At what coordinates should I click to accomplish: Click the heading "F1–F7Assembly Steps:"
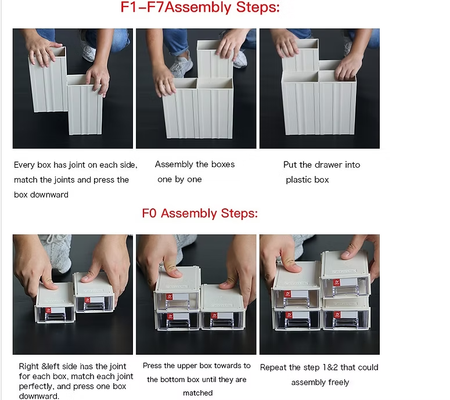200,7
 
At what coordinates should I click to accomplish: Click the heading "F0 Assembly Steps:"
200,214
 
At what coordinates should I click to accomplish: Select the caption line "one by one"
179,179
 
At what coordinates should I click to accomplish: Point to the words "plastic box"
307,180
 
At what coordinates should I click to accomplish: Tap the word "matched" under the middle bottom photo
198,393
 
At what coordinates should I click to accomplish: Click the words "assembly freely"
320,383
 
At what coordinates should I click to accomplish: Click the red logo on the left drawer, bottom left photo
49,311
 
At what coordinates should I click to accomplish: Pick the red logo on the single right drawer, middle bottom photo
214,316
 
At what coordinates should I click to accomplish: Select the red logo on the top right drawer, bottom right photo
336,283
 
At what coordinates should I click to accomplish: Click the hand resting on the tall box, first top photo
42,52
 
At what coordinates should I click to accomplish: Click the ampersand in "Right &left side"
44,367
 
